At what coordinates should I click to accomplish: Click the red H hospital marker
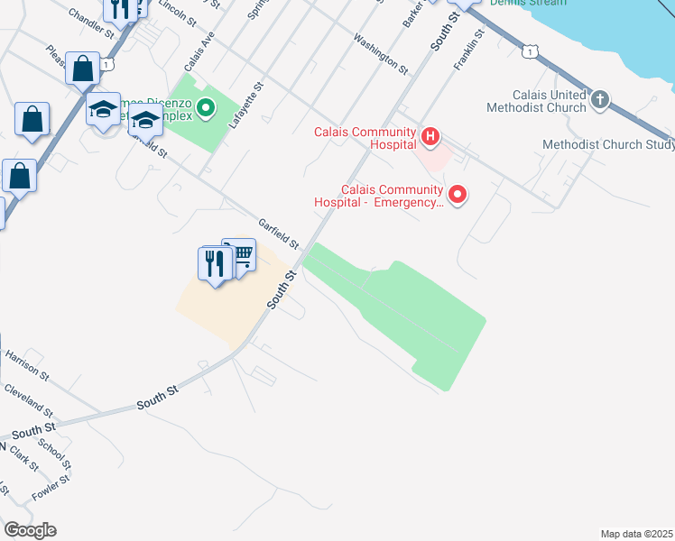[430, 137]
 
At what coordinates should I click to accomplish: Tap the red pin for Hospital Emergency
[458, 194]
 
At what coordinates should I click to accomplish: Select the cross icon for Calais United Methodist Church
[601, 99]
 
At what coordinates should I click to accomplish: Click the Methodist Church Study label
[608, 145]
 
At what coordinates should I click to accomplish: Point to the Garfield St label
[278, 233]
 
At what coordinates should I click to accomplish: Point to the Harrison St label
[27, 365]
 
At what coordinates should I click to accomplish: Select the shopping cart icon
[240, 255]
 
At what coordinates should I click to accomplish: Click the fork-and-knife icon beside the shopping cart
[215, 263]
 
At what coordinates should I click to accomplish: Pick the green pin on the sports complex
[206, 109]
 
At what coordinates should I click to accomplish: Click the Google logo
[30, 530]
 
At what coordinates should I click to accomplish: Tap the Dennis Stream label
[529, 3]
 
